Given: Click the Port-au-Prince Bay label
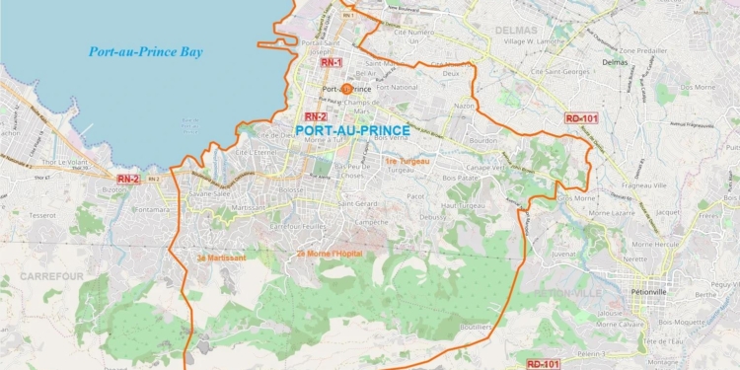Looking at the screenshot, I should coord(145,52).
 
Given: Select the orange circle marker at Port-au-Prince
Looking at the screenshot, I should coord(346,89).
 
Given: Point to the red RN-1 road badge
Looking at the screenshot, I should coord(332,62).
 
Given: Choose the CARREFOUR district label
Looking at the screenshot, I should coord(51,277).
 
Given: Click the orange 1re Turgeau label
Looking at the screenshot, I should coord(408,160).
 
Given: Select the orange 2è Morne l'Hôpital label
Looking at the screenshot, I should coord(329,254).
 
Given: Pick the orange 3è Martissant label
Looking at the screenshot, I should coord(221,257).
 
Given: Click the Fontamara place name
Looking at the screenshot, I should coord(155,207).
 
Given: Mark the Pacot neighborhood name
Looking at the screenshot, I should coord(415,195).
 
